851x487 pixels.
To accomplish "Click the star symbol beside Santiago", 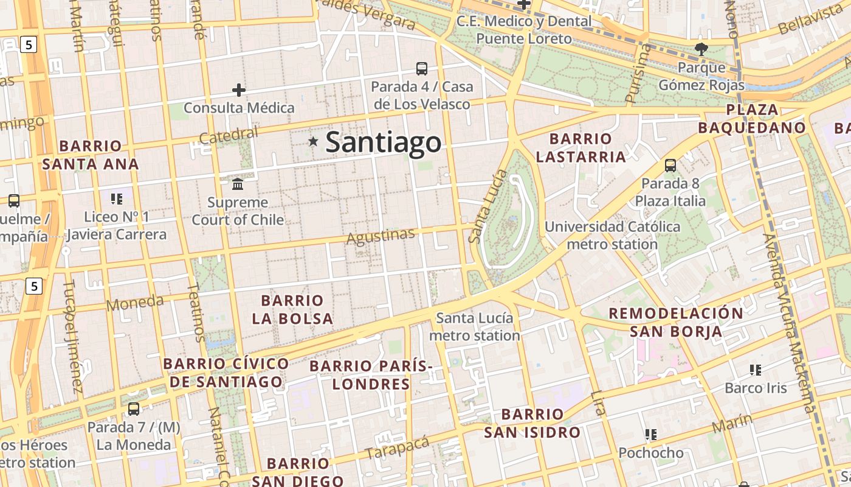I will coord(313,142).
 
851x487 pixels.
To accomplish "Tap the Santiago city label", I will coord(383,142).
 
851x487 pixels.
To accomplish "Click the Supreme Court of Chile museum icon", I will coord(238,184).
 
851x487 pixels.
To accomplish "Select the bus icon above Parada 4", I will coord(422,69).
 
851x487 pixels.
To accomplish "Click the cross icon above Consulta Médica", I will coord(239,91).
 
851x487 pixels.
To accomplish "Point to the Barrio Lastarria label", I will coord(581,148).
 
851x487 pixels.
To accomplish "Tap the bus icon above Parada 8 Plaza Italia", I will coord(670,166).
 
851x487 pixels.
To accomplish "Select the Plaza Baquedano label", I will coord(752,119).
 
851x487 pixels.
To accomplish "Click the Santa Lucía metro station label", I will coord(475,327).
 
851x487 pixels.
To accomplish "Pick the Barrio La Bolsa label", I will coord(292,309).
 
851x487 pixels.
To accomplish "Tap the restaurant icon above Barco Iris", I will coord(756,370).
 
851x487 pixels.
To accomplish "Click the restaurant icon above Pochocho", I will coord(651,435).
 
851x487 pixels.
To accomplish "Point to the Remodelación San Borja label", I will coord(675,323).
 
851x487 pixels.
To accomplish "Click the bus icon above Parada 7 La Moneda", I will coord(134,409).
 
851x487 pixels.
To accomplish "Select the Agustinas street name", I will coord(381,236).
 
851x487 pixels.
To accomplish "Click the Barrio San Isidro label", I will coord(532,424).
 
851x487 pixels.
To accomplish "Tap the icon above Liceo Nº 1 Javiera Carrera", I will coord(117,198).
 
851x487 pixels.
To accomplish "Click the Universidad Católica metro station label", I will coord(612,236).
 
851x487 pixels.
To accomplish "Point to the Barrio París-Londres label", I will coord(371,375).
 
